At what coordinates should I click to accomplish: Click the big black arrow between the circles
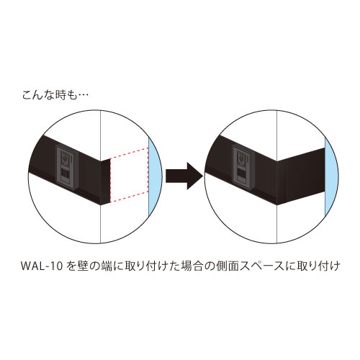(184, 176)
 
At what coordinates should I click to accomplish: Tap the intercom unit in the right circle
(243, 167)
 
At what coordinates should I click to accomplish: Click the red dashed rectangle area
(129, 175)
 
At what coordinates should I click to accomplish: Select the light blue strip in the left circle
(155, 177)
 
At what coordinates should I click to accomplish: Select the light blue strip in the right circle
(331, 177)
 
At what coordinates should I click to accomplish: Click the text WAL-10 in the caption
(42, 266)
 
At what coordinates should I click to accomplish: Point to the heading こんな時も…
(55, 96)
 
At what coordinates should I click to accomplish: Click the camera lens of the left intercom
(65, 158)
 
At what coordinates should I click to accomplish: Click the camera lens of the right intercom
(240, 158)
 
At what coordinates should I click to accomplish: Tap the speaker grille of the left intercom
(66, 174)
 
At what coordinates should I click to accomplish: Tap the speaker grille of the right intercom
(242, 174)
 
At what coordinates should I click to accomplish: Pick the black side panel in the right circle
(301, 176)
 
